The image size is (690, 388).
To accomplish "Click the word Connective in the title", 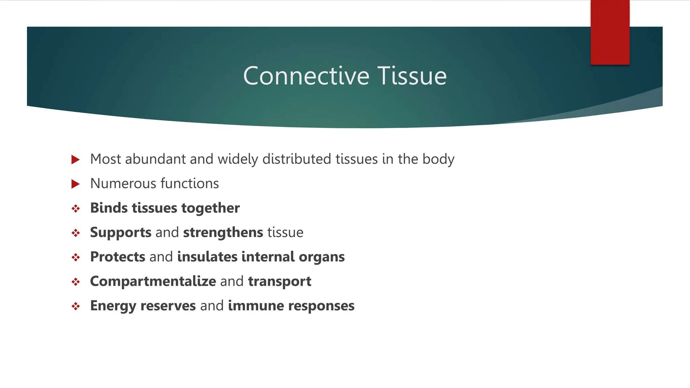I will tap(306, 76).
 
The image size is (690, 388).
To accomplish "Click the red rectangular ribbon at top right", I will tap(610, 32).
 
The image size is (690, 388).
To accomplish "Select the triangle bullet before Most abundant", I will tap(75, 160).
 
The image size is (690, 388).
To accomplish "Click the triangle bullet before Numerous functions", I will tap(75, 184).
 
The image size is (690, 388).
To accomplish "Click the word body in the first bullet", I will tap(438, 159).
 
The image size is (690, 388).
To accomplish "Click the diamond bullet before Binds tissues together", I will tap(75, 209).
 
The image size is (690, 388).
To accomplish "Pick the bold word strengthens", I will tap(223, 232).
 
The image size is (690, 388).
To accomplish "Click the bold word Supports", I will tap(121, 233).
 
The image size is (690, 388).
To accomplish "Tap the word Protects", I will tap(118, 257).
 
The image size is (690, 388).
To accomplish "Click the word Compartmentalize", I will tap(153, 281).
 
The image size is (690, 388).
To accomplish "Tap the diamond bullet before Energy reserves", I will tap(75, 306).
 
